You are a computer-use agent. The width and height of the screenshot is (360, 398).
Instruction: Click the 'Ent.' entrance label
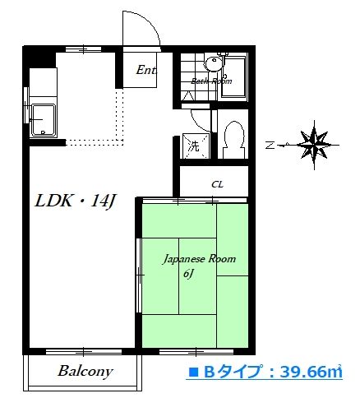(145, 71)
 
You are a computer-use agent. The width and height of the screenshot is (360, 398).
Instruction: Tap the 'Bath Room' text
(211, 81)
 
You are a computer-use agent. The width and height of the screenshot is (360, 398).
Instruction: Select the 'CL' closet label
(217, 183)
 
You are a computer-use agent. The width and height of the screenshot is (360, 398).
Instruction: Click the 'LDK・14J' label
(73, 200)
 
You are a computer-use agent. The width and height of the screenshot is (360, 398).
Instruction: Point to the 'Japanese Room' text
(199, 259)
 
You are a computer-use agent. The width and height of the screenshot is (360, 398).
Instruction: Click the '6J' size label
(189, 275)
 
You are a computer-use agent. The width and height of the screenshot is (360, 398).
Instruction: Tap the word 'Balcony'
(85, 371)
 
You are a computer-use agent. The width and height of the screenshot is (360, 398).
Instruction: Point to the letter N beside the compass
(270, 145)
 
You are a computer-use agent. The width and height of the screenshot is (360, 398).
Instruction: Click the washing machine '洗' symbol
(195, 146)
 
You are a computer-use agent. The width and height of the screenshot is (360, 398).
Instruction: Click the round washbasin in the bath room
(215, 63)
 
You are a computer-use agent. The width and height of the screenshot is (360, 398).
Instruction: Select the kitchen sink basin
(42, 120)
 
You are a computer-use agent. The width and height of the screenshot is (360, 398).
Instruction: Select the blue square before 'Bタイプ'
(194, 371)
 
